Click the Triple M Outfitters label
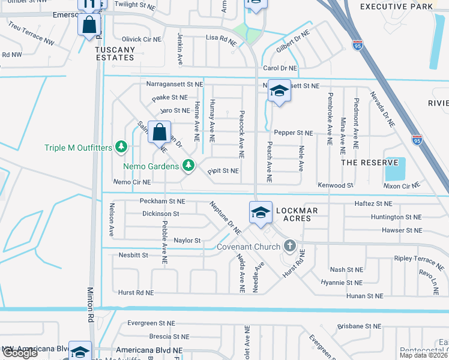[78, 147]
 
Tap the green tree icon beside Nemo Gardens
[188, 164]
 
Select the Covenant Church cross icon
[290, 245]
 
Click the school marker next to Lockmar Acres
[261, 212]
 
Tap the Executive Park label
[396, 7]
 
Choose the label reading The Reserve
[369, 163]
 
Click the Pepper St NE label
[293, 133]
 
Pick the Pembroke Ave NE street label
[330, 119]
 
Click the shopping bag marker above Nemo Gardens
[160, 133]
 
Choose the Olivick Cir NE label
[141, 39]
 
